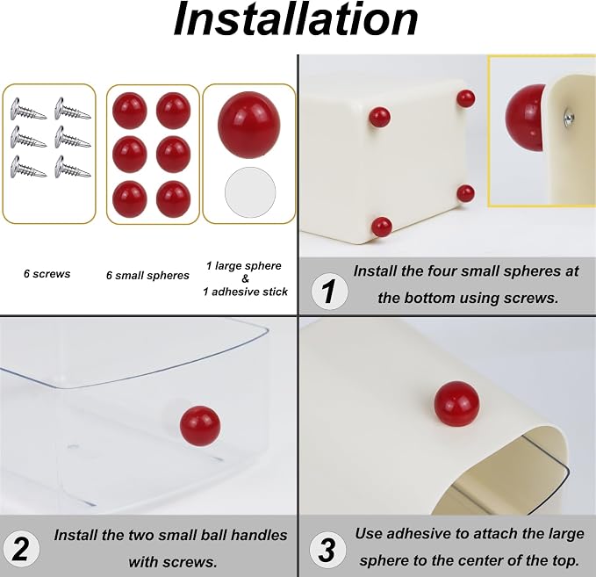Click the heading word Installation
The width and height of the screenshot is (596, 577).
click(296, 20)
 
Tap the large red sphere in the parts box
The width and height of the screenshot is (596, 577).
click(249, 124)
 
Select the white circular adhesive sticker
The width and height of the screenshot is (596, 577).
click(250, 192)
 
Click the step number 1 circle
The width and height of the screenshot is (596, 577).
click(329, 292)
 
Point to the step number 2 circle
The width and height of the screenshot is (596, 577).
click(20, 550)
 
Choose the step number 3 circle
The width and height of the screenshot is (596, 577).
click(327, 550)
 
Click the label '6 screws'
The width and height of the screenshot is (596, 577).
click(47, 274)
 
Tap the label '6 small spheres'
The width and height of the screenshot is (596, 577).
click(147, 276)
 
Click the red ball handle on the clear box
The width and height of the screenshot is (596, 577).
click(200, 426)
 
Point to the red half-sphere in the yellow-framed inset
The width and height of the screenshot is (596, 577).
click(526, 117)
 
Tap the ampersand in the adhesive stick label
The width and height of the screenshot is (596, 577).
click(245, 278)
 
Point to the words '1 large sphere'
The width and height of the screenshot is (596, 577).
click(244, 266)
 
